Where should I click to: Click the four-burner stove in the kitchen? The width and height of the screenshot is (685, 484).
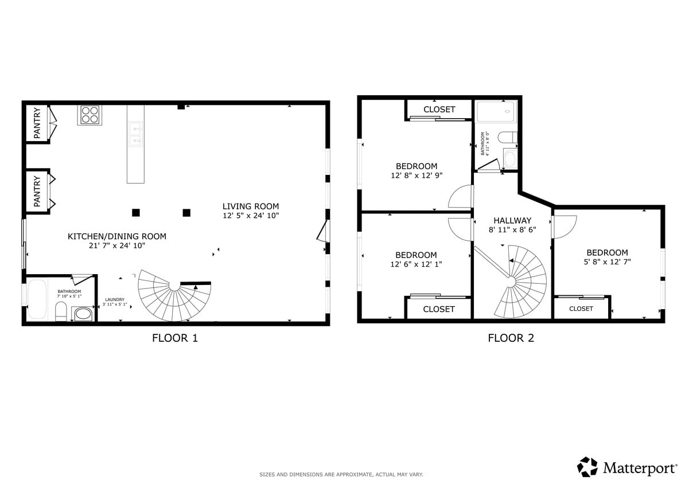click(x=89, y=115)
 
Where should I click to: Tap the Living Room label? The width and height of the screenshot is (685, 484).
click(x=251, y=206)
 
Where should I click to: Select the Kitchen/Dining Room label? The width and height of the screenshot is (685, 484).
click(x=116, y=236)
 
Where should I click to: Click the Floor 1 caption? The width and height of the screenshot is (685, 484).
click(x=175, y=338)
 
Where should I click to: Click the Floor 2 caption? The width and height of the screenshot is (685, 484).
click(x=511, y=338)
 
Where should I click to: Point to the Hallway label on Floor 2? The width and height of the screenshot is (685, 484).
click(x=512, y=221)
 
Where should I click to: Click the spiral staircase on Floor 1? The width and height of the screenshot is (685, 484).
click(x=174, y=295)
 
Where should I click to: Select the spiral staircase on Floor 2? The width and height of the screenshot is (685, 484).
click(x=520, y=282)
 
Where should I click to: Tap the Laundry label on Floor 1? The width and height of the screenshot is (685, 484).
click(x=115, y=300)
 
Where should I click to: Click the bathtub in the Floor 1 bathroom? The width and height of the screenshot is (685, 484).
click(x=37, y=299)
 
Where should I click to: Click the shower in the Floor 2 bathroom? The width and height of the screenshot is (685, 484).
click(x=496, y=111)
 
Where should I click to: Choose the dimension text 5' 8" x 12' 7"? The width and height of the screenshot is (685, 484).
click(x=607, y=261)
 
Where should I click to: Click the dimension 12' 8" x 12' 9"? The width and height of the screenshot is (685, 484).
click(x=417, y=175)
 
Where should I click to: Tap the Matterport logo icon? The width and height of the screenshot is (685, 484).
click(x=587, y=467)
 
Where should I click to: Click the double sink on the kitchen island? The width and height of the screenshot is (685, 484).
click(x=135, y=134)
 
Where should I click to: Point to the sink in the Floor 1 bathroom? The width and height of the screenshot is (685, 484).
click(x=83, y=314)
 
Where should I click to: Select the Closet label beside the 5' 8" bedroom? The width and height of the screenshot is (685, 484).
click(x=581, y=309)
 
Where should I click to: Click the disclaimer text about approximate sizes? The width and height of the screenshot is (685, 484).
click(x=341, y=474)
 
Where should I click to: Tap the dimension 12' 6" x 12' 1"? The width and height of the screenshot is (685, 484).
click(x=417, y=264)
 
